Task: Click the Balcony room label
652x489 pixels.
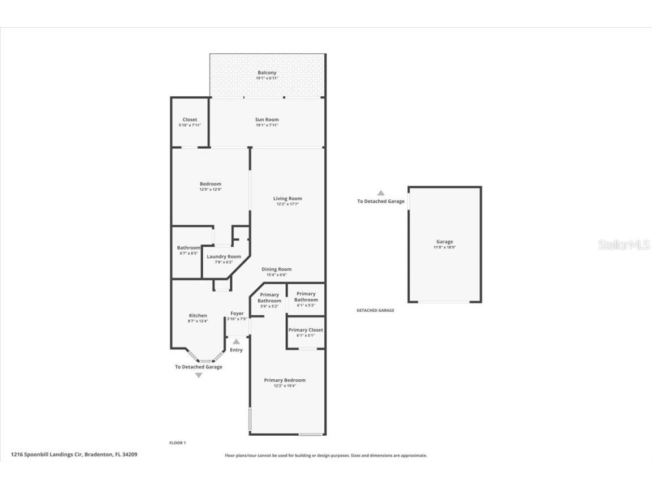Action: coord(267,73)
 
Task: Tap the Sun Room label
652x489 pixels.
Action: coord(267,120)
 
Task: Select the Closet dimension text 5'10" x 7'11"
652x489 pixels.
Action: coord(190,125)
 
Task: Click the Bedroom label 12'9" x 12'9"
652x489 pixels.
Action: coord(210,187)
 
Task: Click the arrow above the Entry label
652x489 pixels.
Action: coord(236,341)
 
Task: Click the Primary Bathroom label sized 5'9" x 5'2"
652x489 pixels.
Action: coord(269,298)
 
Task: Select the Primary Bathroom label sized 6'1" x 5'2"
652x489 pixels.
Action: coord(306,297)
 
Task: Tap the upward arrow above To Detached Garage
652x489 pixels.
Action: coord(381,193)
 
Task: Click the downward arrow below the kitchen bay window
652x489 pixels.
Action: coord(198,375)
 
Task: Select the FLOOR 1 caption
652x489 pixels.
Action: coord(177,443)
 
